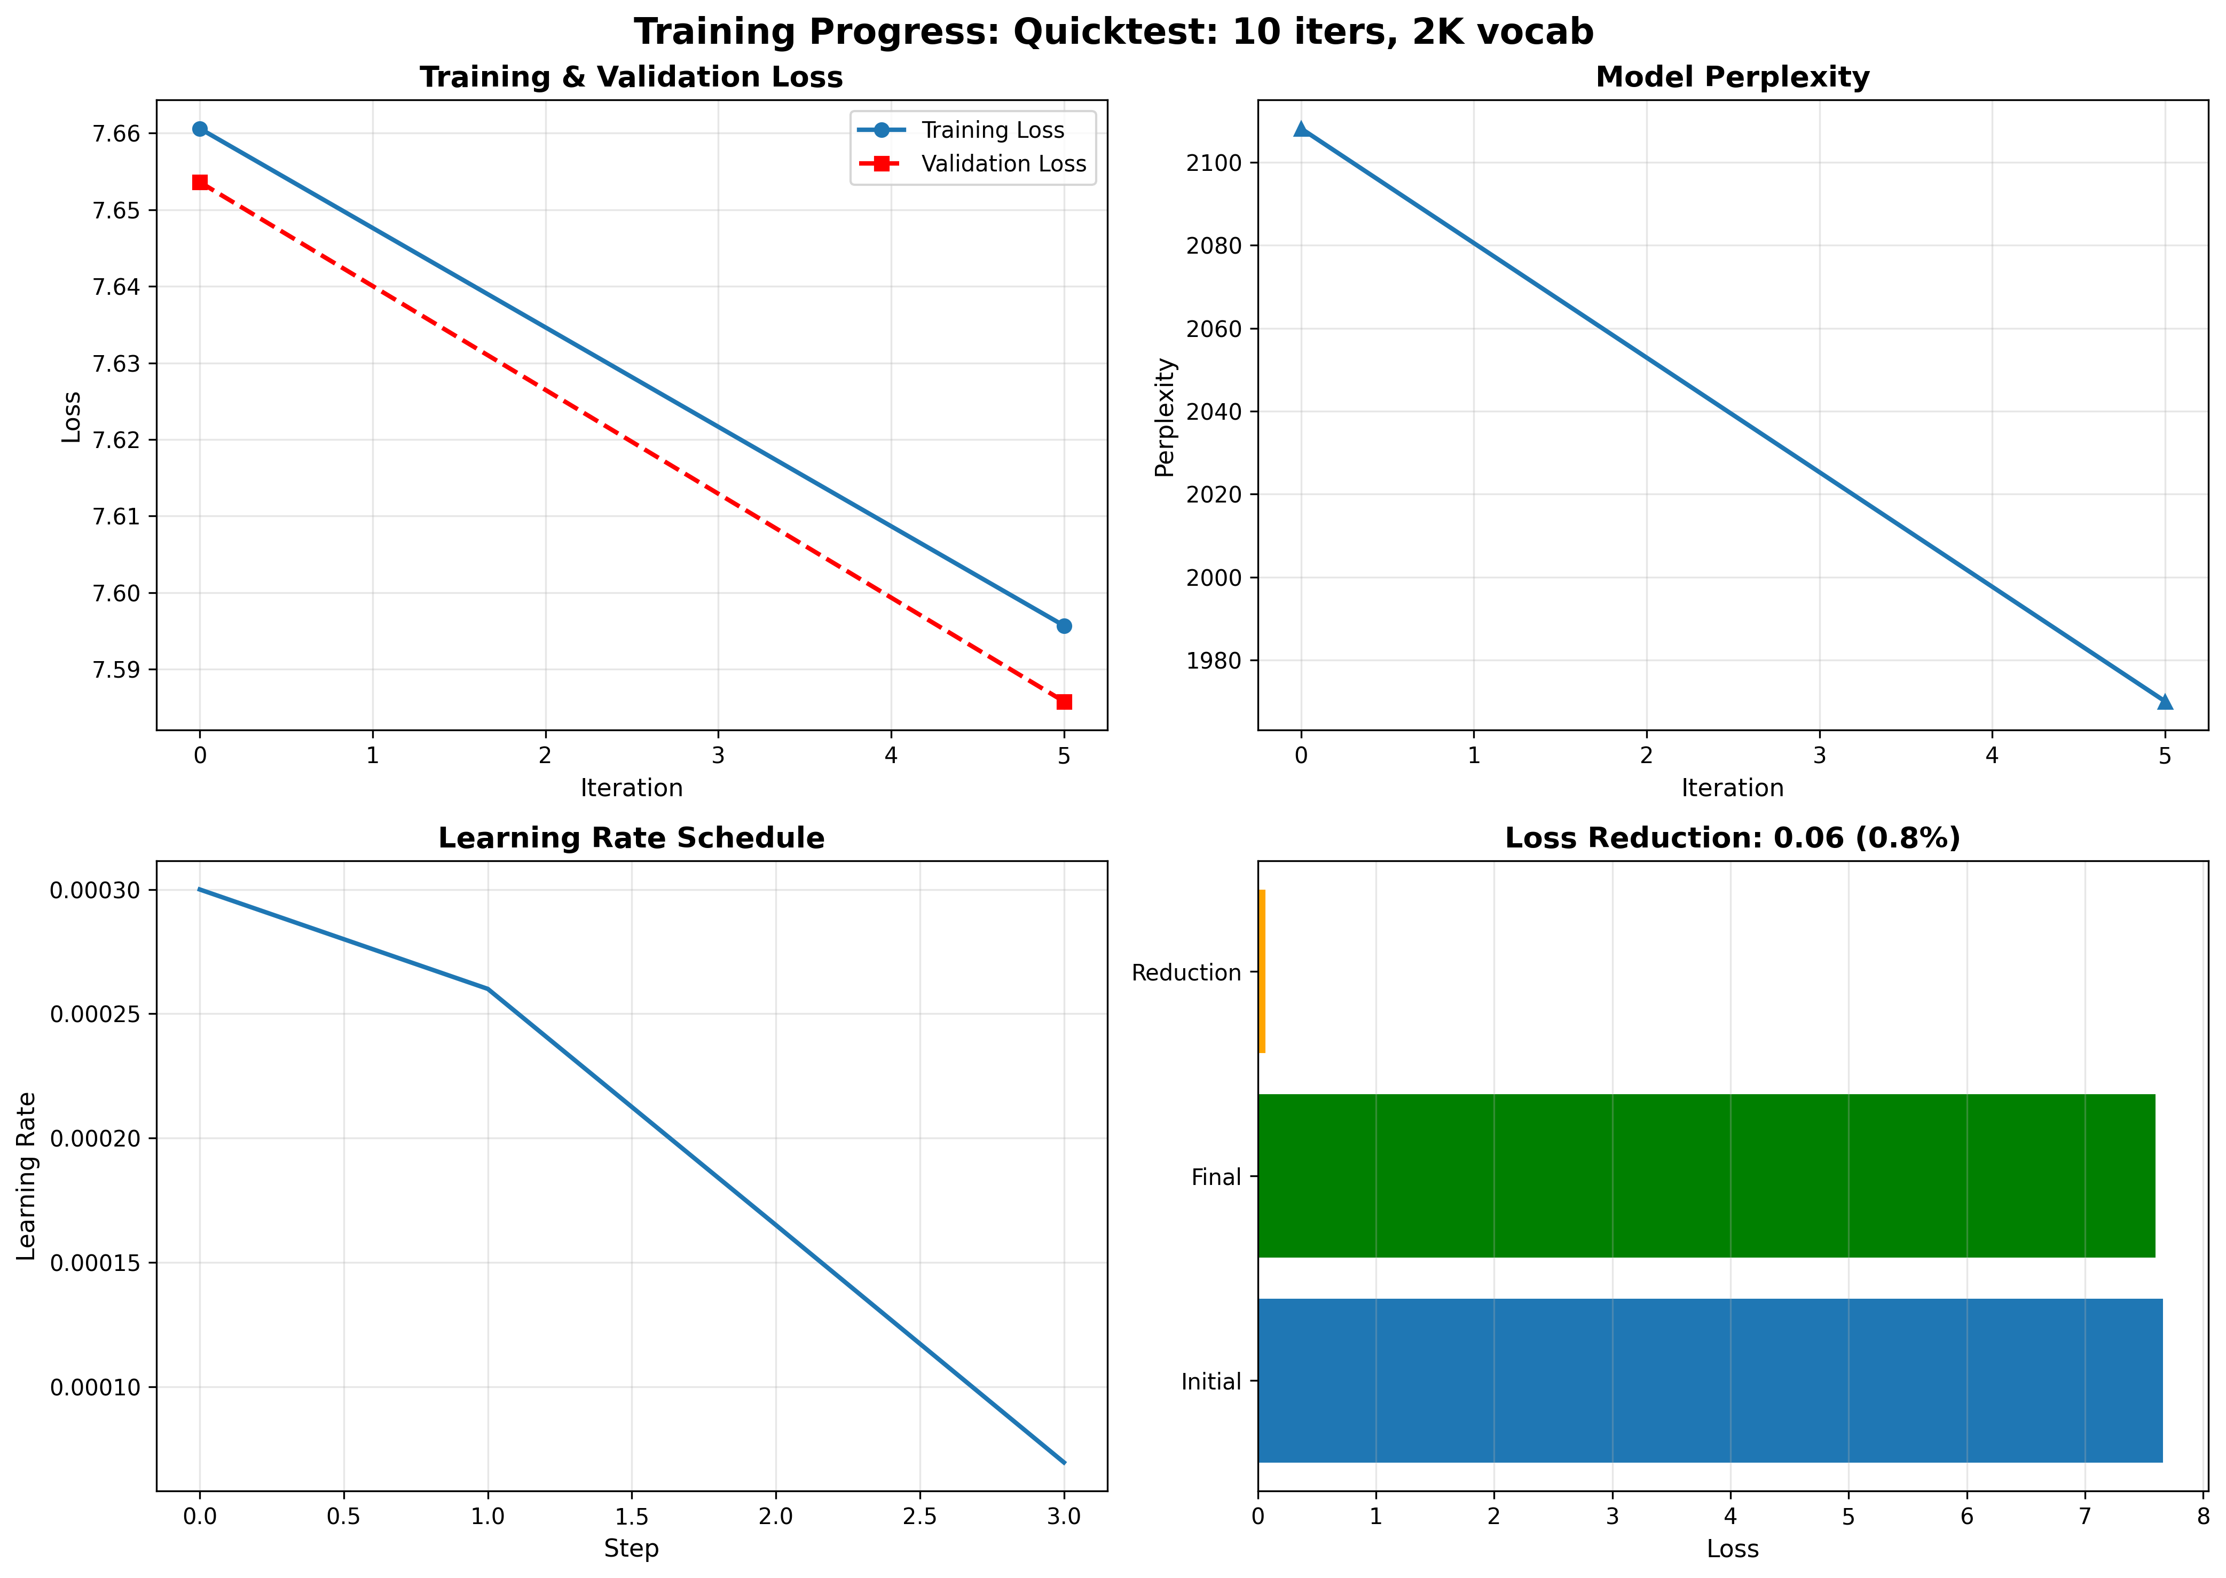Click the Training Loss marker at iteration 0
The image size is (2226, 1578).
(200, 129)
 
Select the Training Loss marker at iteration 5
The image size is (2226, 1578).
(1064, 626)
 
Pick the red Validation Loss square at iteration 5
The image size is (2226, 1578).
(1064, 702)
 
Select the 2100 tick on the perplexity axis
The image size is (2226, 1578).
(1215, 163)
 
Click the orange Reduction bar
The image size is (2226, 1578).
(1261, 972)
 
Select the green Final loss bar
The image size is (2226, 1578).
(1705, 1176)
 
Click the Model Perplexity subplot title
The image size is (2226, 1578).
(1733, 78)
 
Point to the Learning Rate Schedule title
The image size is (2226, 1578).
(632, 838)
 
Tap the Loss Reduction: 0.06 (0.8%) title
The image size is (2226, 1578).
(1733, 838)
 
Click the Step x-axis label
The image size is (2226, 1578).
(632, 1549)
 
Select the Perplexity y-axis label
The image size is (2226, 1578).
(1165, 418)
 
